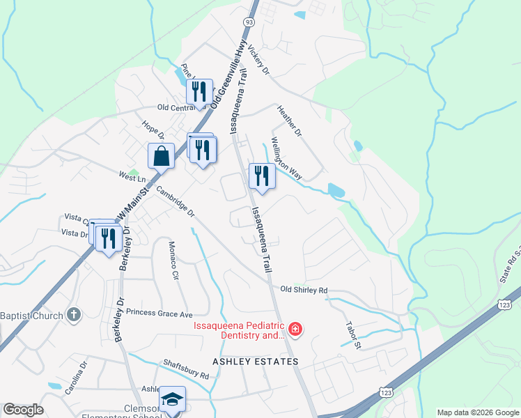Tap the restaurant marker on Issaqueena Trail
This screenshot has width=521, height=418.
[262, 176]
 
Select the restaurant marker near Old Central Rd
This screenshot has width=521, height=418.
[200, 93]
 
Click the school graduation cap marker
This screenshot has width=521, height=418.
[172, 401]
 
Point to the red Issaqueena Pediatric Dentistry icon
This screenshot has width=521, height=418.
[295, 329]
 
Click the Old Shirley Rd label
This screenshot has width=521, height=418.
[304, 290]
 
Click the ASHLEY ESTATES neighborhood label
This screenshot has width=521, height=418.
[256, 362]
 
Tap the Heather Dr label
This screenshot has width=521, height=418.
[289, 121]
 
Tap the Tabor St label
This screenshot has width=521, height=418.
[353, 334]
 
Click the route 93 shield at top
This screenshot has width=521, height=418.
[249, 23]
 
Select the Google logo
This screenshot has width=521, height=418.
[23, 410]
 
